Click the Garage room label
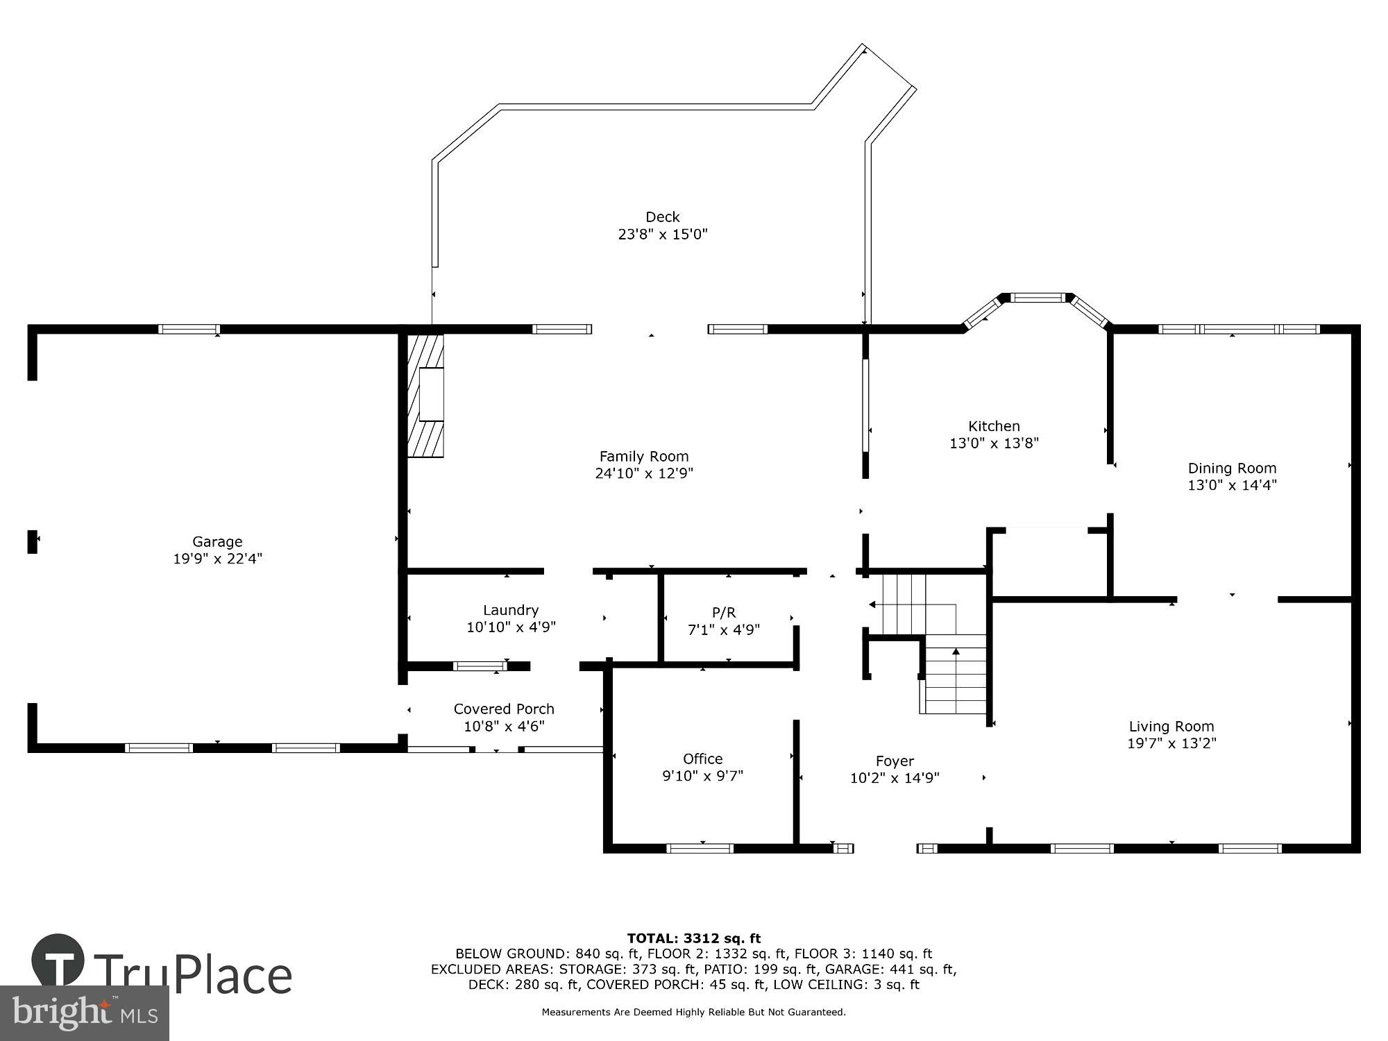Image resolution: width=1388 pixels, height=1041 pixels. (217, 541)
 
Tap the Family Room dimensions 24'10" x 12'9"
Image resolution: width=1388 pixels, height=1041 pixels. (644, 473)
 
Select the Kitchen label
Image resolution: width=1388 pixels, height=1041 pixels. (994, 426)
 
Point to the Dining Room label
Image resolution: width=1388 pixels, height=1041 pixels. (1232, 468)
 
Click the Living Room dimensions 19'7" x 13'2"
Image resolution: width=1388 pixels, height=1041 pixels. (1171, 743)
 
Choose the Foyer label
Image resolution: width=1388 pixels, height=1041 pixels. (895, 761)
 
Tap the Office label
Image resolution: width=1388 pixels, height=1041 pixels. (702, 759)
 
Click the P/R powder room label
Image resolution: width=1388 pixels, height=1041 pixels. (723, 612)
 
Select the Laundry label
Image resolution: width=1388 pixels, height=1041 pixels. (511, 610)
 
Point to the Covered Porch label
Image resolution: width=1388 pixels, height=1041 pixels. (504, 709)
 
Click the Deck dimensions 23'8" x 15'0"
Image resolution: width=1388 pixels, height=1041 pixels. (662, 234)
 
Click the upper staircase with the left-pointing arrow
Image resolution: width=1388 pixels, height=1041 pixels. (902, 604)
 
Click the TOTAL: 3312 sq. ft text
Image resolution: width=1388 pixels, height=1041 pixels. (693, 938)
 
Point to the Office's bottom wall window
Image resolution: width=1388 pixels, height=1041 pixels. (700, 848)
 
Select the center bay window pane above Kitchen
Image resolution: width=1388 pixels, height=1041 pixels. (1037, 298)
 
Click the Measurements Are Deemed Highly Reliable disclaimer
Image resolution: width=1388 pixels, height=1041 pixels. (693, 1013)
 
